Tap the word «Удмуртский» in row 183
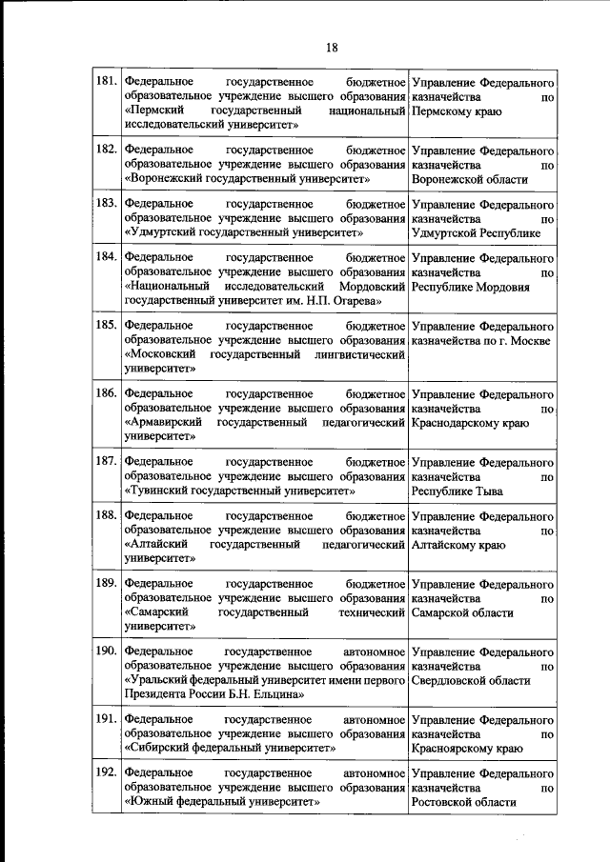tap(165, 231)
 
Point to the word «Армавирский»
tap(166, 422)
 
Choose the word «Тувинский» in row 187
tap(161, 491)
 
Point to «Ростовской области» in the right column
tap(464, 803)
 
